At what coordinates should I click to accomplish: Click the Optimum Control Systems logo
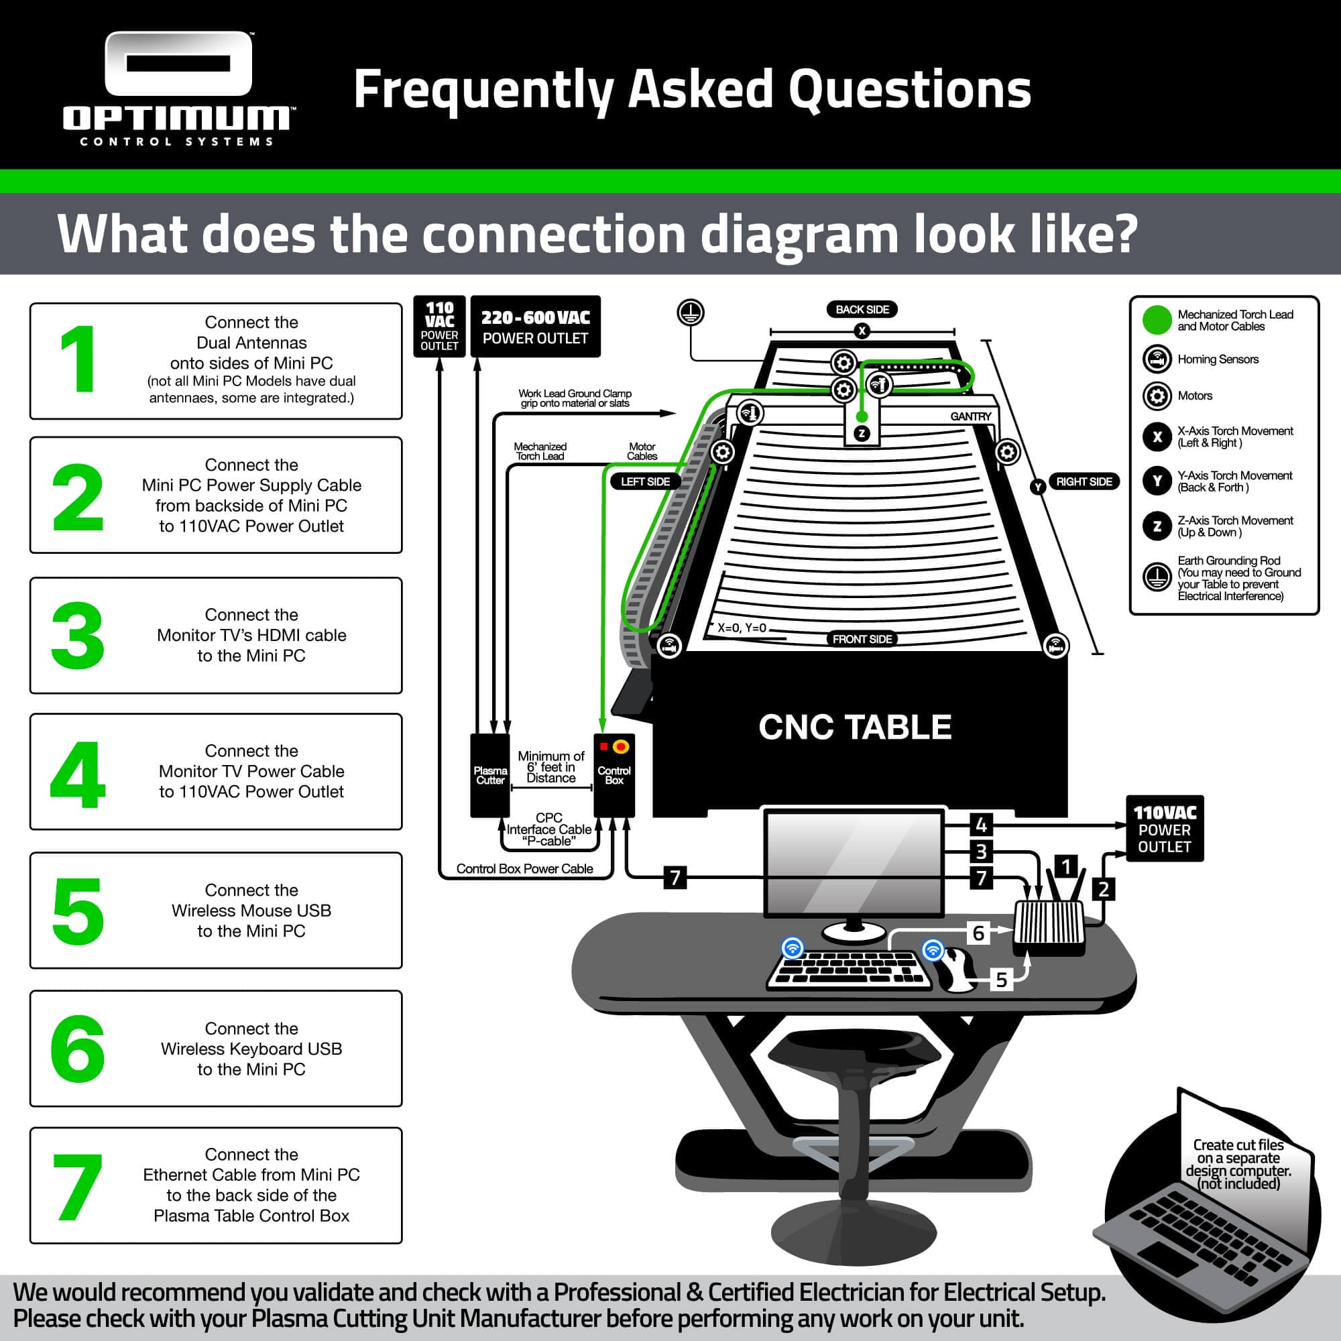[x=178, y=89]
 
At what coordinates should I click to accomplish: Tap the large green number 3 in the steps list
[x=78, y=636]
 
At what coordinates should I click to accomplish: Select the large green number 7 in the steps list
[x=78, y=1187]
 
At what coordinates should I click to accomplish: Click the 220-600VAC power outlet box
[x=535, y=327]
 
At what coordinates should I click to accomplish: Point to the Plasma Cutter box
[x=490, y=775]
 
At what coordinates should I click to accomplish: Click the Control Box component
[x=614, y=775]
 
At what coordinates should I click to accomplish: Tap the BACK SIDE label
[x=862, y=310]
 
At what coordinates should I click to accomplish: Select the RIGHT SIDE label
[x=1084, y=481]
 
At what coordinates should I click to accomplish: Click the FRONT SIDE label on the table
[x=862, y=638]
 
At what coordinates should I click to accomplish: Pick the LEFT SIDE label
[x=646, y=481]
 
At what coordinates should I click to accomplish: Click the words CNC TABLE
[x=855, y=727]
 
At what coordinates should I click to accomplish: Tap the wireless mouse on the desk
[x=955, y=969]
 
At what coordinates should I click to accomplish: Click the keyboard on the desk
[x=850, y=969]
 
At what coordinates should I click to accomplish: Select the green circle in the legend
[x=1157, y=320]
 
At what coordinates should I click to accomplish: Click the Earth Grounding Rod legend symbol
[x=1157, y=577]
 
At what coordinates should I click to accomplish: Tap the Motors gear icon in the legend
[x=1157, y=396]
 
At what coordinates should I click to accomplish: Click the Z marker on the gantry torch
[x=862, y=433]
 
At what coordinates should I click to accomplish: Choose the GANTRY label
[x=970, y=416]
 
